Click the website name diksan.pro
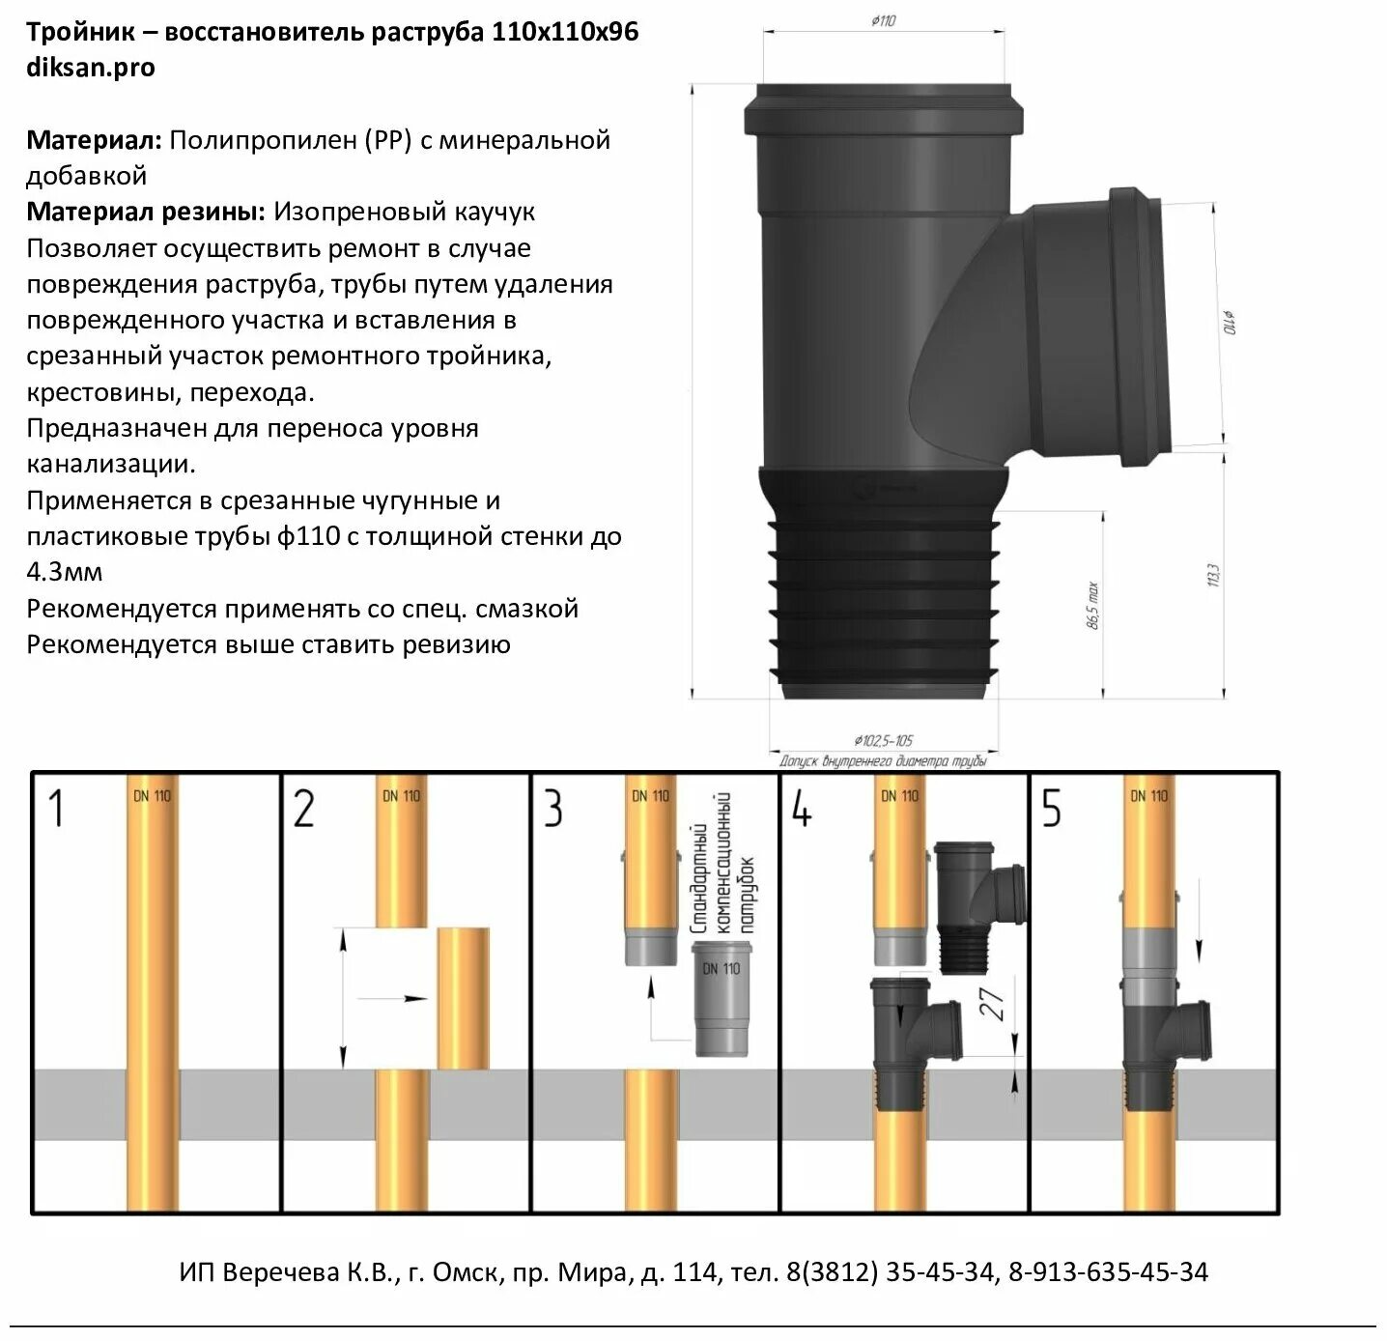click(x=90, y=68)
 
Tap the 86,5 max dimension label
click(x=1093, y=605)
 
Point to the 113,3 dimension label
click(x=1213, y=576)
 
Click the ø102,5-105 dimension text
click(x=883, y=741)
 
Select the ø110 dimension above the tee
click(x=883, y=20)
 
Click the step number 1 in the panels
click(x=56, y=809)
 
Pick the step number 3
click(x=552, y=809)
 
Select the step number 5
click(x=1051, y=809)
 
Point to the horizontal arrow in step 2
click(x=391, y=998)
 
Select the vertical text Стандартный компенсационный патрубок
click(x=722, y=863)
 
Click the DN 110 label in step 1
click(x=152, y=796)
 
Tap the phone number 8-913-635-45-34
click(x=1108, y=1271)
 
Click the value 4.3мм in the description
click(x=64, y=572)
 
